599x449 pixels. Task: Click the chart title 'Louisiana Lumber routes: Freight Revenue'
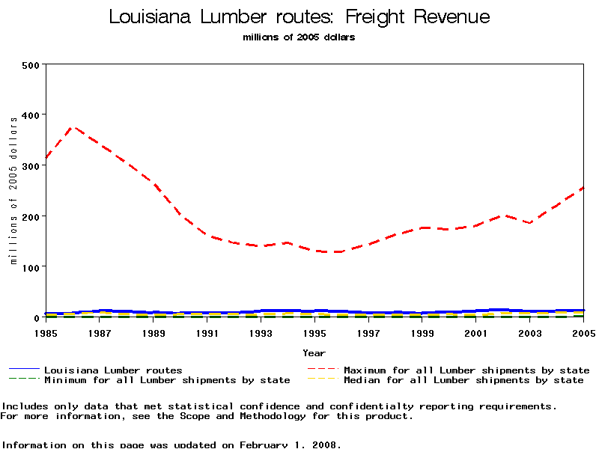pos(299,16)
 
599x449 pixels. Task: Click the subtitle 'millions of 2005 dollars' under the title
pos(299,37)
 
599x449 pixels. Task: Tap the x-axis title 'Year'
pos(314,352)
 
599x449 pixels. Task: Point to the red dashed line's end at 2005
pos(582,188)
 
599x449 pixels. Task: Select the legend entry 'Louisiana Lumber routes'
pos(113,370)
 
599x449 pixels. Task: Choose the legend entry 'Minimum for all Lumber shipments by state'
pos(167,380)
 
